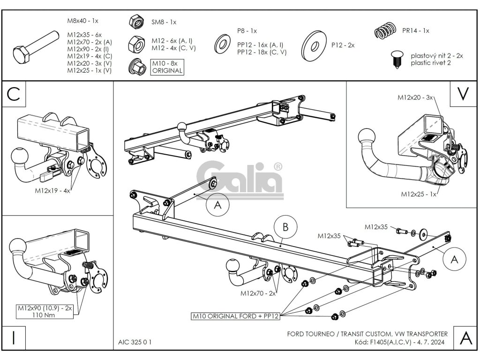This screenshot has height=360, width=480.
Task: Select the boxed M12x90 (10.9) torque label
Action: click(45, 312)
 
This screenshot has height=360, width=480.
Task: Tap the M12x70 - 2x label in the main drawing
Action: click(258, 293)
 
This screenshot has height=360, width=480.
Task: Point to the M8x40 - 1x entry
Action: click(83, 21)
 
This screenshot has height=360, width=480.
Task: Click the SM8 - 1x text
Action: click(164, 22)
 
